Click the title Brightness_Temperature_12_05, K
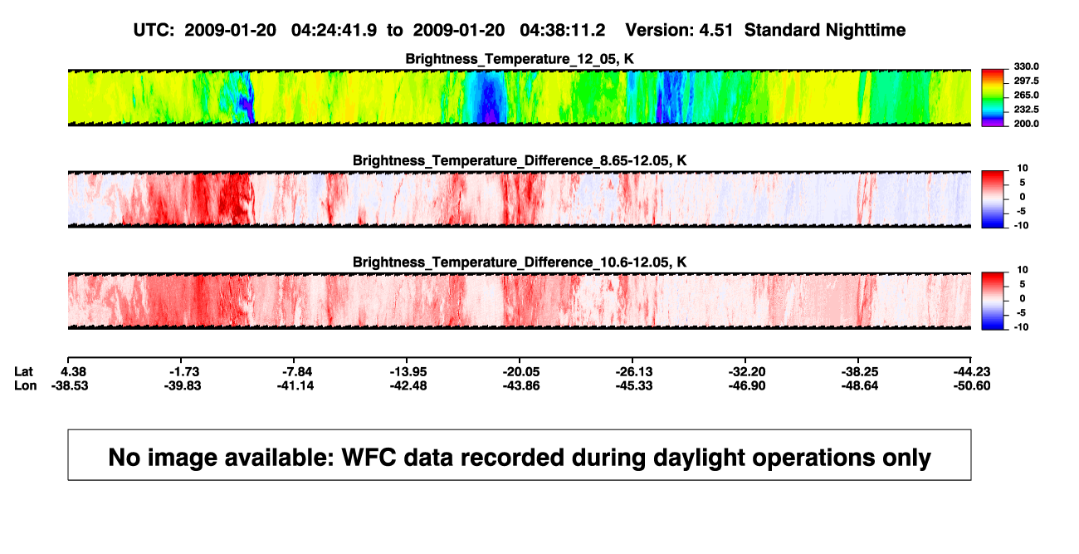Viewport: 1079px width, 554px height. (x=520, y=59)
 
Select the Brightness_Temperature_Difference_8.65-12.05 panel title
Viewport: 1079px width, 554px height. (x=520, y=160)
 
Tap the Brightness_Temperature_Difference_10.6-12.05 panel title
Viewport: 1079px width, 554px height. (x=520, y=262)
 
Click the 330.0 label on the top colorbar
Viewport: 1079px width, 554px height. (x=1026, y=66)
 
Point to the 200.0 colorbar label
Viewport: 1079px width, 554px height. (x=1026, y=124)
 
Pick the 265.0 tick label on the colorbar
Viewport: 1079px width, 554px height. (x=1026, y=95)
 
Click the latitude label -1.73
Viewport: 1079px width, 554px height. (x=184, y=372)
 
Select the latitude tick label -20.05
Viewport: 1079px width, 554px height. (x=521, y=372)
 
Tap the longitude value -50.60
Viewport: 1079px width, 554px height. (x=972, y=385)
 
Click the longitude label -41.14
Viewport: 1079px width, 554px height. (x=295, y=385)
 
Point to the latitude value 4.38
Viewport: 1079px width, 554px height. (x=73, y=372)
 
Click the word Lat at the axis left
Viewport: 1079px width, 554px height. (x=23, y=372)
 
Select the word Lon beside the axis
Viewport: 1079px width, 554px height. (x=25, y=385)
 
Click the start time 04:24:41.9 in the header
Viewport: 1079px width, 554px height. (x=334, y=31)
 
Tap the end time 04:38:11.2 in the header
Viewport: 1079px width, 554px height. (x=562, y=31)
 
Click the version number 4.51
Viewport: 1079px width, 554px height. (x=715, y=31)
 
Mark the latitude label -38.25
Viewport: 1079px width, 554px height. (x=860, y=372)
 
